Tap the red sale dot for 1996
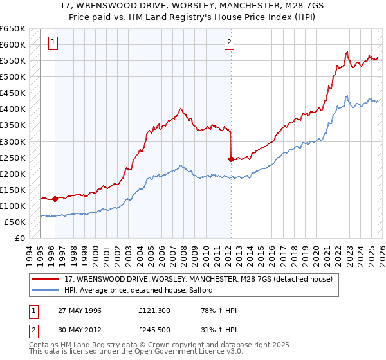tap(55, 199)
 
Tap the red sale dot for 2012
tap(231, 158)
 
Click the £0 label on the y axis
tap(19, 238)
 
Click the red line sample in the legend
tap(46, 279)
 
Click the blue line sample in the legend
tap(46, 291)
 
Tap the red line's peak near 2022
tap(347, 52)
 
